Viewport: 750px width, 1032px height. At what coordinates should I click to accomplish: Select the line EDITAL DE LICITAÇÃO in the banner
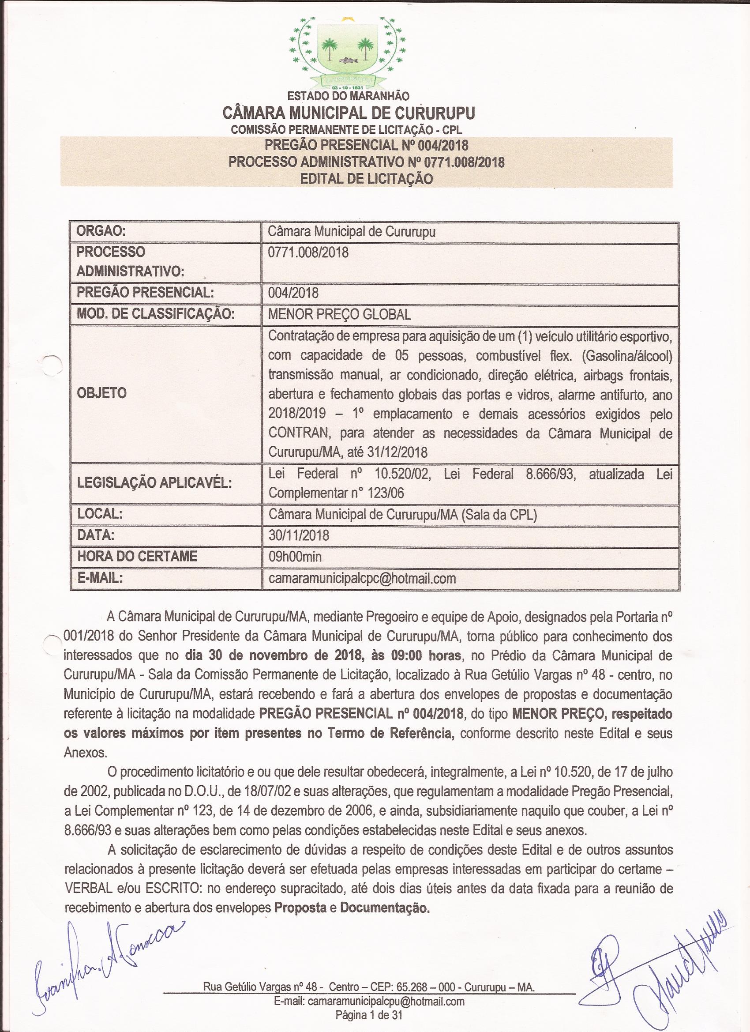(x=366, y=179)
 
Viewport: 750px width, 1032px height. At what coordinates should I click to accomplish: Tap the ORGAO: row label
(x=101, y=232)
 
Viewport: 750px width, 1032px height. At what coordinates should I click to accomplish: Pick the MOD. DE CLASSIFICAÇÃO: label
(x=155, y=314)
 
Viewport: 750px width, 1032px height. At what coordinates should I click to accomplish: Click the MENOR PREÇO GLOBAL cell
(x=339, y=314)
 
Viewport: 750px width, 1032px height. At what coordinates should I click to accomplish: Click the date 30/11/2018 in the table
(x=299, y=535)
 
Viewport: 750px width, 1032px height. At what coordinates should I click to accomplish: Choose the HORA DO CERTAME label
(x=137, y=556)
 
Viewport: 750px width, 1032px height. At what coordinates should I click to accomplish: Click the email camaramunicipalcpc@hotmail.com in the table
(x=362, y=578)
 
